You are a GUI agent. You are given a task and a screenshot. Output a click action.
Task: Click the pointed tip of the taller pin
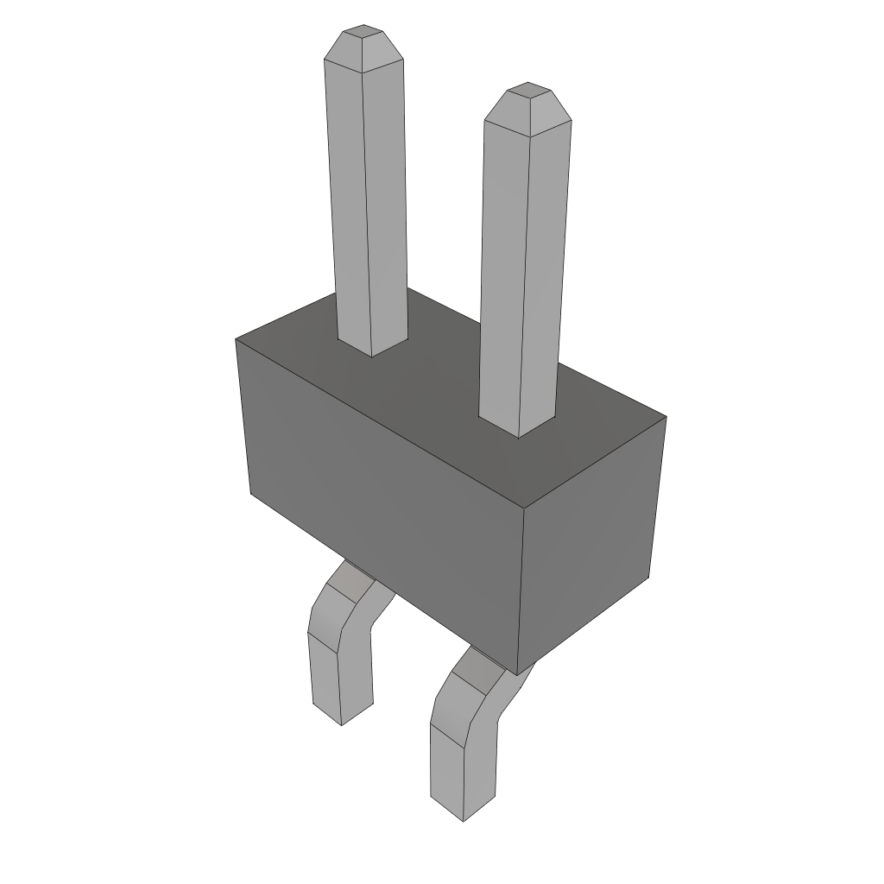(363, 43)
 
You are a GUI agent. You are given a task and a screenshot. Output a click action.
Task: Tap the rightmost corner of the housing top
(666, 417)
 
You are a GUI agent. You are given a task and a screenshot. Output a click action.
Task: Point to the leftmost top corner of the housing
(236, 339)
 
